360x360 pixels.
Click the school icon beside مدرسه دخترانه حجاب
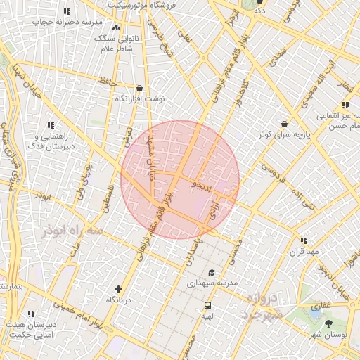point(67,11)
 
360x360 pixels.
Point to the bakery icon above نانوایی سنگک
point(116,27)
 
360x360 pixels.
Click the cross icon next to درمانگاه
point(117,289)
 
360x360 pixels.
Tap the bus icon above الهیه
point(208,305)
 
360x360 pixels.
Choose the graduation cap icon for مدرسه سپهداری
point(210,272)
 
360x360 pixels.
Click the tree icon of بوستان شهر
point(328,323)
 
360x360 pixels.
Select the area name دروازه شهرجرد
point(264,307)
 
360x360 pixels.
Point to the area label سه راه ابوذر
point(72,230)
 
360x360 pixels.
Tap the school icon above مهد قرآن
point(304,240)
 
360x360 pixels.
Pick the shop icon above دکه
point(260,1)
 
